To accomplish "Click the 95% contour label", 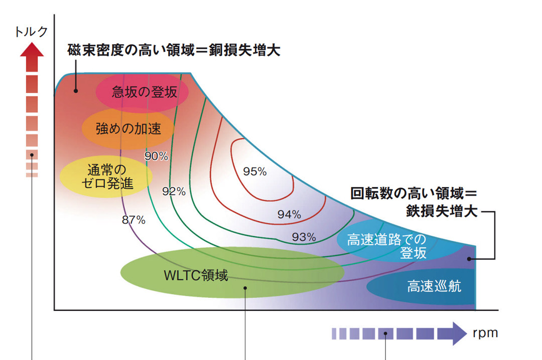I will click(x=255, y=171).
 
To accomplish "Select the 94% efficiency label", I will click(x=289, y=215).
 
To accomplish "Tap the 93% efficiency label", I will click(x=304, y=237).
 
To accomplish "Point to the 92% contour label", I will click(x=174, y=191).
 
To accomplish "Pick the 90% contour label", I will click(x=156, y=156).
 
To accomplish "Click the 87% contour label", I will click(x=134, y=220).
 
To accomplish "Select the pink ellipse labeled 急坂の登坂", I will click(x=142, y=93).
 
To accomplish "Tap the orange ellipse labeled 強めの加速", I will click(x=128, y=128).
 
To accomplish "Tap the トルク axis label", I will click(x=32, y=31).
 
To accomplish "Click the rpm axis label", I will click(x=485, y=332).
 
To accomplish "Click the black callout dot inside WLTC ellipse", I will click(x=245, y=288).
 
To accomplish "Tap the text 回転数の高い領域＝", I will click(x=413, y=194).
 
